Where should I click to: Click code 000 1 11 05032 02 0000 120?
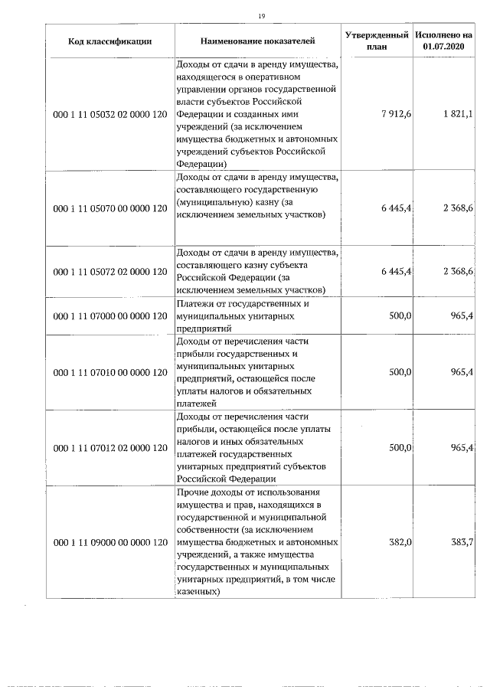tap(109, 114)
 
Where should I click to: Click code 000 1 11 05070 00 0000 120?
tap(109, 208)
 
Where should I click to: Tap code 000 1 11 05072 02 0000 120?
tap(109, 271)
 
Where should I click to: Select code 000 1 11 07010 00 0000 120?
tap(109, 372)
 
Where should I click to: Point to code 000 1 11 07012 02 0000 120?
tap(109, 447)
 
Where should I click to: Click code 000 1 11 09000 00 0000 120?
tap(109, 541)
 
